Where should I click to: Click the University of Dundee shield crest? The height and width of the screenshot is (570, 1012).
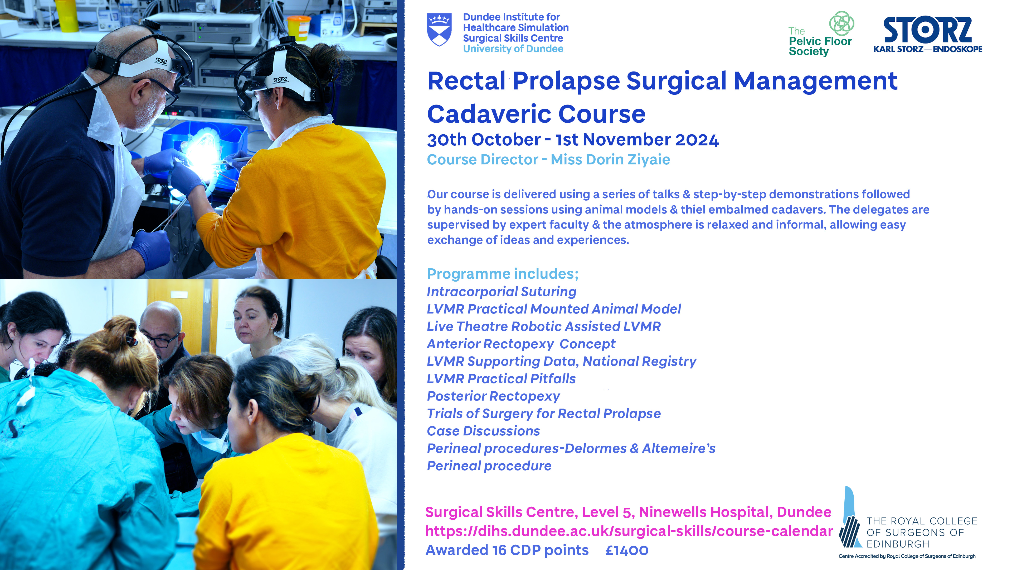(x=439, y=30)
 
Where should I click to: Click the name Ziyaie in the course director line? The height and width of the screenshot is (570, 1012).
(x=649, y=160)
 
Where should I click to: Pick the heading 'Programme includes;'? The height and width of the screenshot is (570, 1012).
(x=503, y=274)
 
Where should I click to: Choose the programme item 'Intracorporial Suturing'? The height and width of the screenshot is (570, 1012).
(x=502, y=292)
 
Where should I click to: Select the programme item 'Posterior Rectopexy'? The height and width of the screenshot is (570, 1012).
(x=493, y=396)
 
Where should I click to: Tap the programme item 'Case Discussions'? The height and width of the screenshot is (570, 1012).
(x=484, y=431)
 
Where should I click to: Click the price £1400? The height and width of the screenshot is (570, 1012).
(x=627, y=550)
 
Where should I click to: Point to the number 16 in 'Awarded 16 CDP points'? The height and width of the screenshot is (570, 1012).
(x=500, y=550)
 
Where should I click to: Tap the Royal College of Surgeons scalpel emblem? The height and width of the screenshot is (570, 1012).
(x=850, y=517)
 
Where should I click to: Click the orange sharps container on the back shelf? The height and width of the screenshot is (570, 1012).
(x=299, y=27)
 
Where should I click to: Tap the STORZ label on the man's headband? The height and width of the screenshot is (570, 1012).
(x=161, y=61)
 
